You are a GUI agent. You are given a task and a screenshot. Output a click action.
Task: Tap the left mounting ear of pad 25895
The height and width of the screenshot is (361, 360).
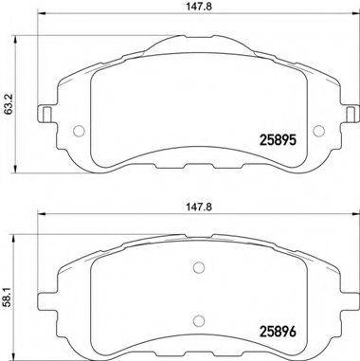pos(45,116)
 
